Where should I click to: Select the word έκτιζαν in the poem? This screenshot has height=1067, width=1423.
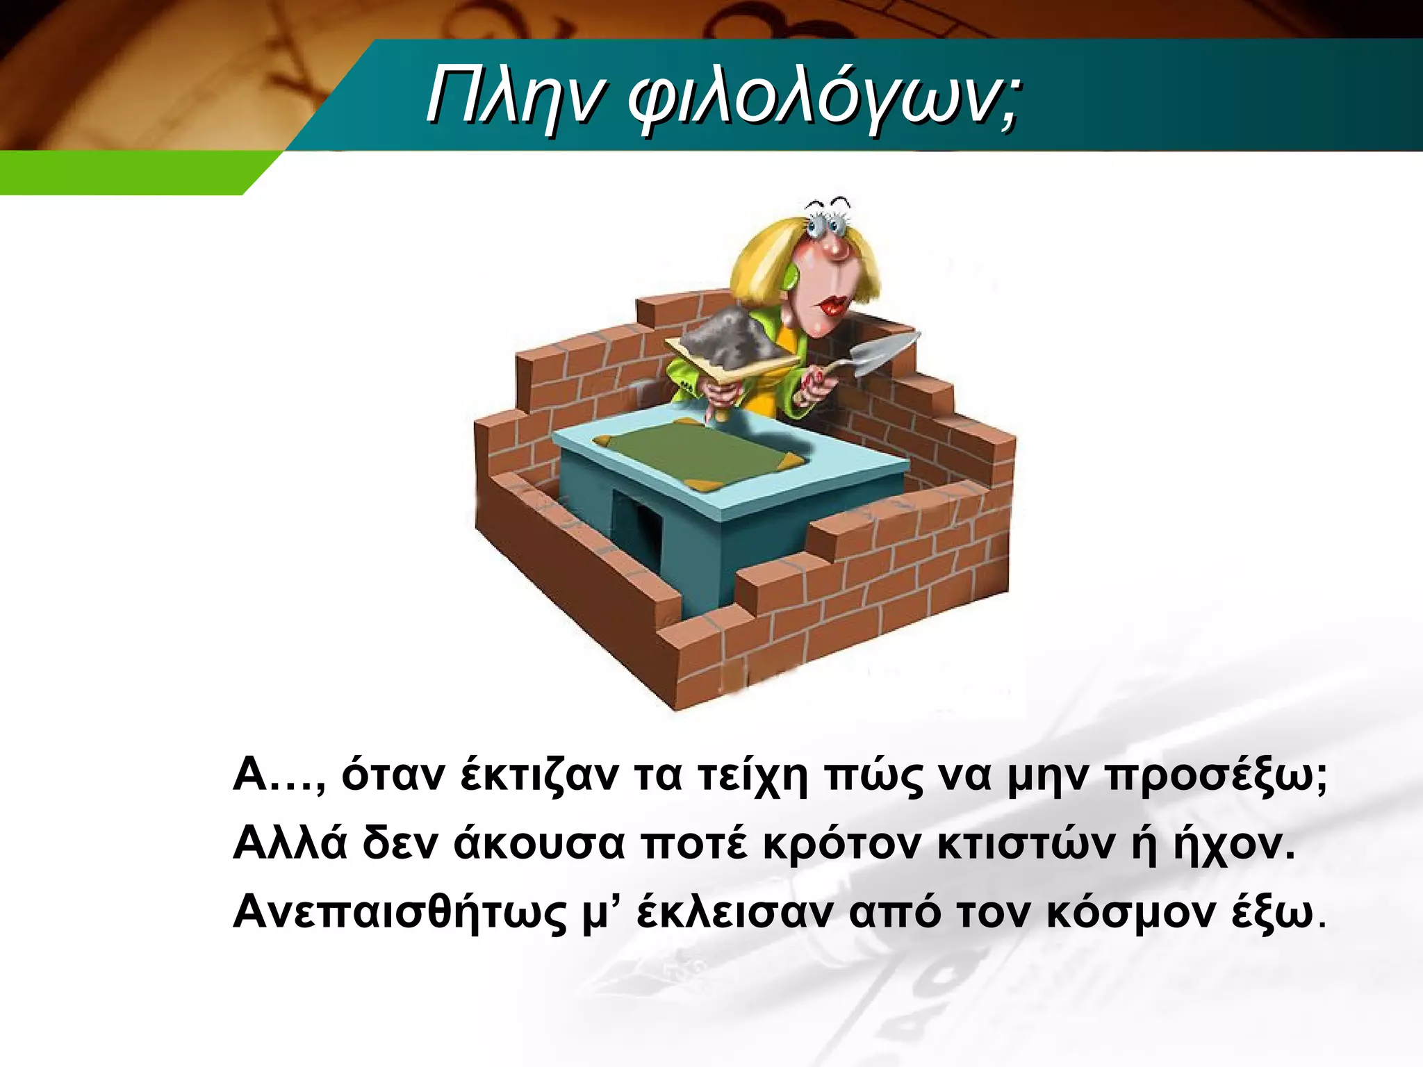(x=538, y=776)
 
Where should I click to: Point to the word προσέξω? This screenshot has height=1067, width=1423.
(x=1216, y=776)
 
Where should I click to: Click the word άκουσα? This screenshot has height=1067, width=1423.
(x=539, y=845)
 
